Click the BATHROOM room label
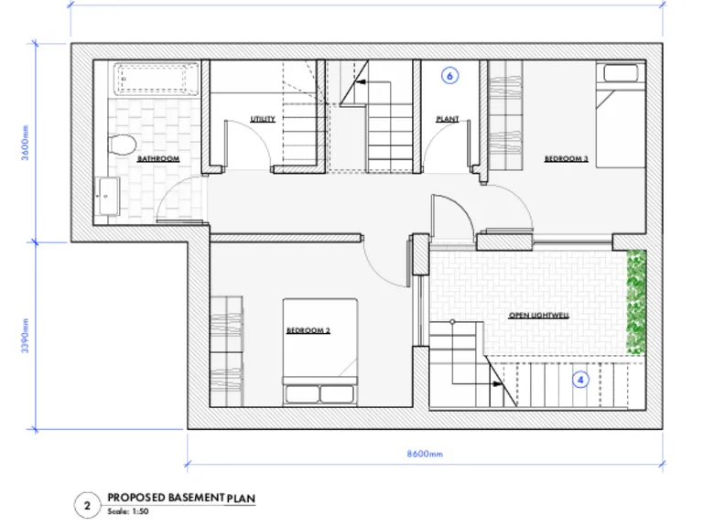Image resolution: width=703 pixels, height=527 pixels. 158,159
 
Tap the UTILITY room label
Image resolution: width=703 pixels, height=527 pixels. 263,119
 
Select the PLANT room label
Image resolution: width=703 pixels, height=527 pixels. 448,119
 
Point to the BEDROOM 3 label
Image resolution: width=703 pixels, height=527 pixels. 567,158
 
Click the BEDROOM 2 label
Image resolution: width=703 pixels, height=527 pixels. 308,330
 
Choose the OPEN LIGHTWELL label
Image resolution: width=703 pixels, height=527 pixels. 539,315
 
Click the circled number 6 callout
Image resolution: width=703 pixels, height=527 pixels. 449,77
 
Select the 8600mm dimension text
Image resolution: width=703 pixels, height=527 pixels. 426,455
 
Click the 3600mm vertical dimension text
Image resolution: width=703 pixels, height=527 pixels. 27,142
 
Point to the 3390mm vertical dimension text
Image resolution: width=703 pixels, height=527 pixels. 27,337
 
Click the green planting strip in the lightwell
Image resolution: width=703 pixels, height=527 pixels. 635,302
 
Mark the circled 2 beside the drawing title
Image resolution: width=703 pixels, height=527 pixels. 87,504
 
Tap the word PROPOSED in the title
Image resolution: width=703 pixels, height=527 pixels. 136,497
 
